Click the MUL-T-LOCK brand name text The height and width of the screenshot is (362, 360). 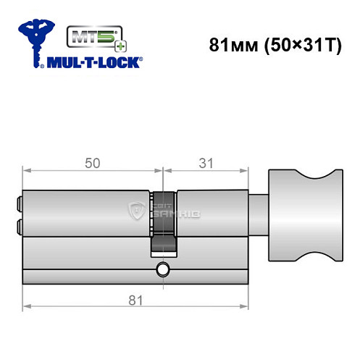click(92, 62)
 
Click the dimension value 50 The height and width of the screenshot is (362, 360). click(92, 164)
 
